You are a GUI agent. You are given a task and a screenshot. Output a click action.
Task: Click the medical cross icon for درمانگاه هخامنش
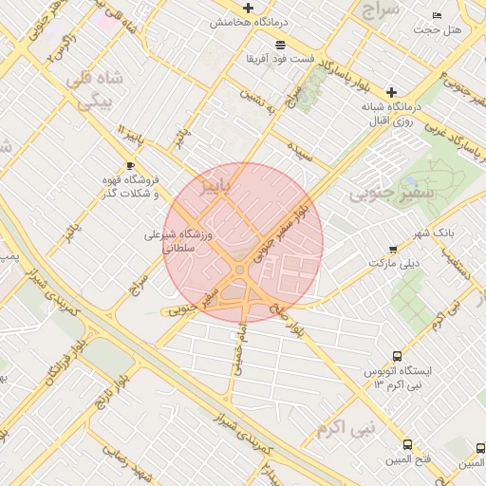249,9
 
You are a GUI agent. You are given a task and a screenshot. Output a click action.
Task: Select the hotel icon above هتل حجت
437,16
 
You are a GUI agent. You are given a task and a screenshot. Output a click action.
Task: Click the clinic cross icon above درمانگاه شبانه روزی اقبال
390,92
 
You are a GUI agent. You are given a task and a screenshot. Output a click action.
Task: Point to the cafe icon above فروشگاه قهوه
130,165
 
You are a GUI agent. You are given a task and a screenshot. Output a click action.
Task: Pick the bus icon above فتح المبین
407,444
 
